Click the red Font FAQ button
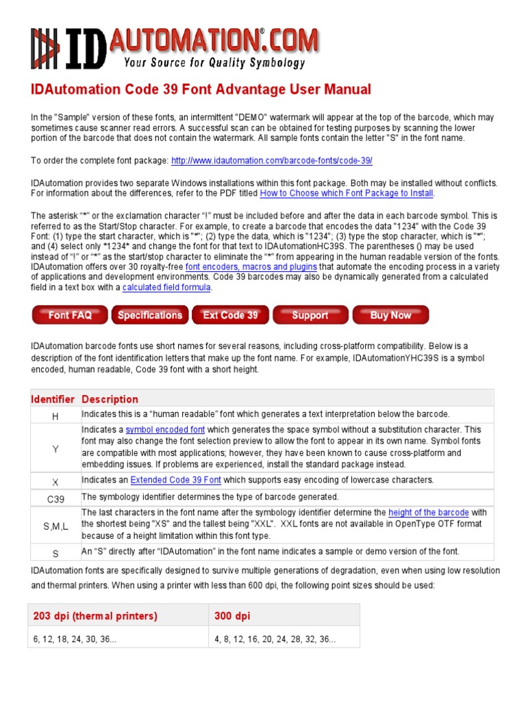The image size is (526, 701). tap(69, 315)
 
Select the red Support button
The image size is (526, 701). tap(310, 315)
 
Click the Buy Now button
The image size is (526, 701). tap(390, 315)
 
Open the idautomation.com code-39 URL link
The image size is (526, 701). tap(272, 160)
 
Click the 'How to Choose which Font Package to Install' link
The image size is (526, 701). tap(346, 193)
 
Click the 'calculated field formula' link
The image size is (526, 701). tap(166, 288)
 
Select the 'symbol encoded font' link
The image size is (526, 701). tap(165, 430)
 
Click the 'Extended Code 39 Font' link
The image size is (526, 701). tap(176, 480)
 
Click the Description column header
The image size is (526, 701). tap(110, 399)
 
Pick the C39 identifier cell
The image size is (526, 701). tap(55, 499)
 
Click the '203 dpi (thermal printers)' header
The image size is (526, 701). tap(95, 616)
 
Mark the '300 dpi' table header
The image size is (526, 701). tap(232, 616)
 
